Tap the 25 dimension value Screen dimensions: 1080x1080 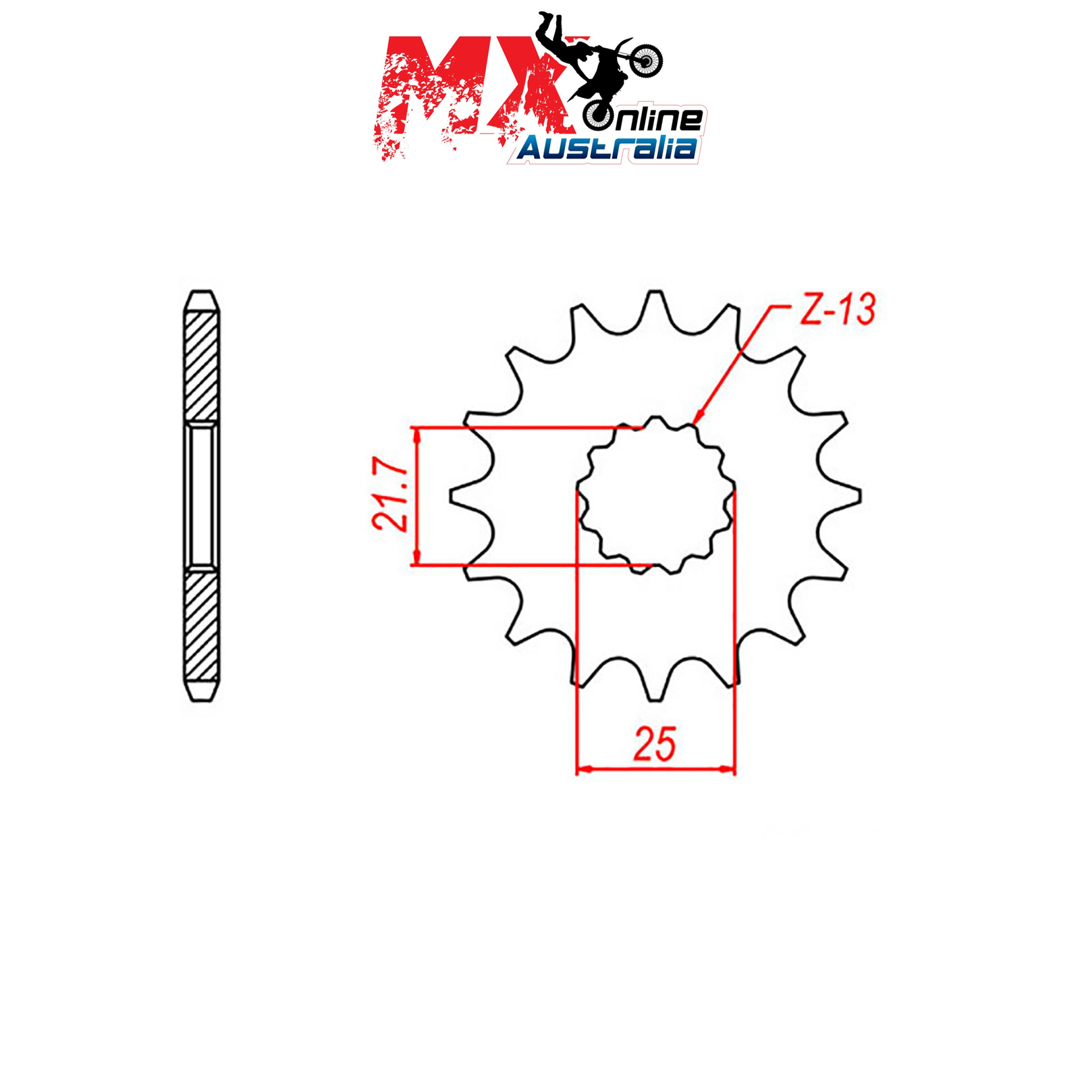(654, 745)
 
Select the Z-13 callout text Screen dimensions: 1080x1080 (837, 310)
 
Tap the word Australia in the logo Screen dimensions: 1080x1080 (607, 147)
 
